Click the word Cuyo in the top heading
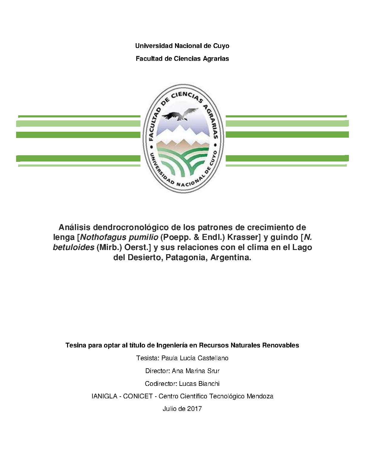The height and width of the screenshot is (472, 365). [x=221, y=46]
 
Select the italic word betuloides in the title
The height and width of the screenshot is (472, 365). [x=73, y=248]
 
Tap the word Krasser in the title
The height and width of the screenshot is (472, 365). [x=244, y=238]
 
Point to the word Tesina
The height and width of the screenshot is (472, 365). [x=76, y=345]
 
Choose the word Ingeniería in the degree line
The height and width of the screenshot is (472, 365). [x=172, y=345]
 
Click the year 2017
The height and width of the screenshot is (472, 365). [x=195, y=409]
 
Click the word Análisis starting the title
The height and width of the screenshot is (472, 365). [x=75, y=228]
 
